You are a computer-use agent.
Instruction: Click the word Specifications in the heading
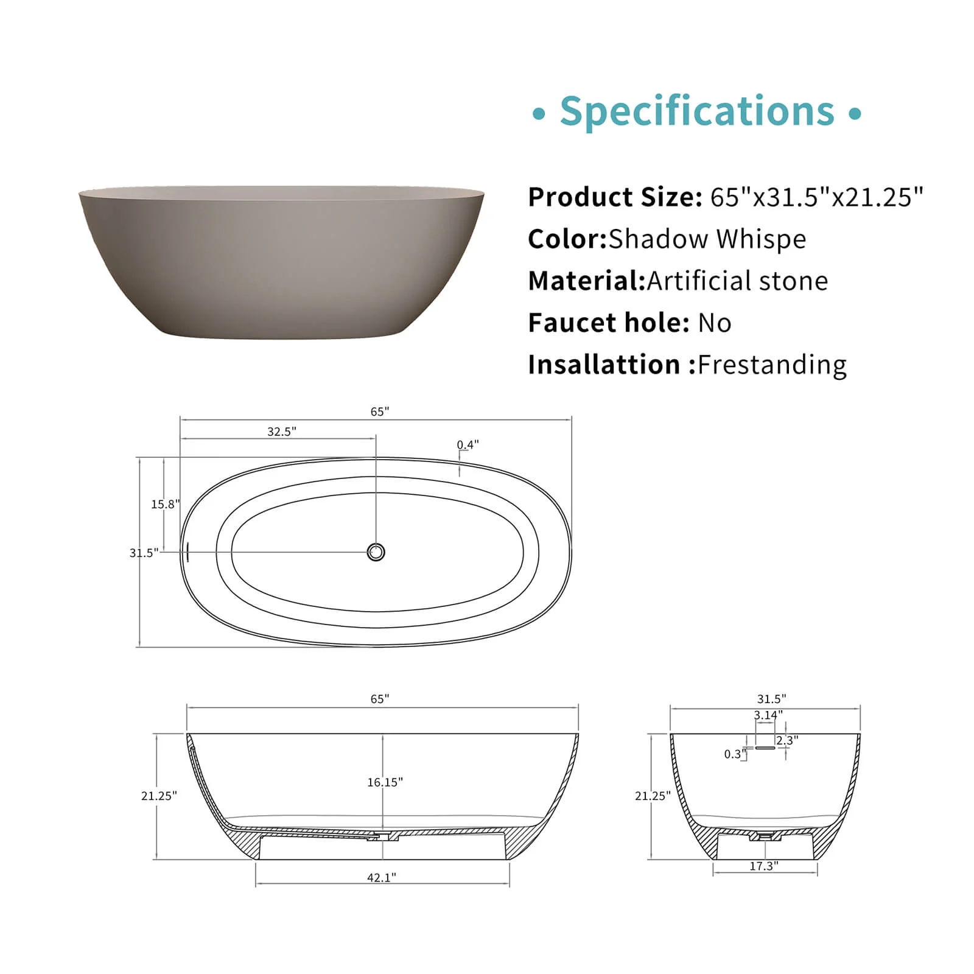pyautogui.click(x=697, y=111)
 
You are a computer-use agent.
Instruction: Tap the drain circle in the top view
pyautogui.click(x=376, y=552)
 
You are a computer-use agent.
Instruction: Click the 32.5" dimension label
pyautogui.click(x=282, y=432)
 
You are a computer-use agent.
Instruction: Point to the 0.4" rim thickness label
pyautogui.click(x=468, y=445)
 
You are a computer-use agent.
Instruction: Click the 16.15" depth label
pyautogui.click(x=385, y=782)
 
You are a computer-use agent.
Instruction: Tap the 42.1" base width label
pyautogui.click(x=382, y=877)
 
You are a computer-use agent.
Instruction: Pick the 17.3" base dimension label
pyautogui.click(x=763, y=866)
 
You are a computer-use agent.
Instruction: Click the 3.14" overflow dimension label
pyautogui.click(x=768, y=715)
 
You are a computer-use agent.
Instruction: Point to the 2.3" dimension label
pyautogui.click(x=787, y=740)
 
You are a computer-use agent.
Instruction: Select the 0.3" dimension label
pyautogui.click(x=735, y=754)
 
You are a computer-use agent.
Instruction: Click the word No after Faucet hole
pyautogui.click(x=715, y=323)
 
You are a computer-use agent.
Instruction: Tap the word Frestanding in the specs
pyautogui.click(x=772, y=365)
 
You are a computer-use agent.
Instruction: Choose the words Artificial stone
pyautogui.click(x=737, y=281)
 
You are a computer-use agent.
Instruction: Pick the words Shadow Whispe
pyautogui.click(x=707, y=239)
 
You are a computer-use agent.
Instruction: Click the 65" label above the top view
pyautogui.click(x=380, y=412)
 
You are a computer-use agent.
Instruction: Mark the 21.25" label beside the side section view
pyautogui.click(x=159, y=796)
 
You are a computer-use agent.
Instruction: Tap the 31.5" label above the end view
pyautogui.click(x=771, y=699)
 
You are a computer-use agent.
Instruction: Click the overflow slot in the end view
pyautogui.click(x=765, y=748)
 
